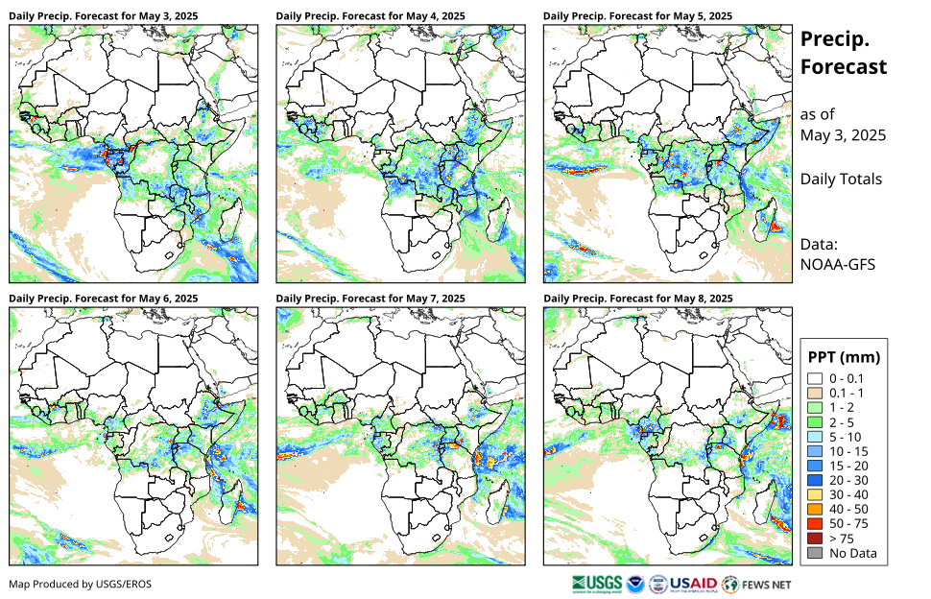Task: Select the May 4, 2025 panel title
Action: click(370, 16)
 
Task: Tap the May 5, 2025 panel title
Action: click(637, 16)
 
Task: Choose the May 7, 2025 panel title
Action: click(370, 299)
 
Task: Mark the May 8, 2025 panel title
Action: click(637, 299)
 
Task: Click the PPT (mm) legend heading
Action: click(844, 357)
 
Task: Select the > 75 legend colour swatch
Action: click(816, 538)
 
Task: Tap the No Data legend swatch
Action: click(816, 552)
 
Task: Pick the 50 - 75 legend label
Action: click(850, 523)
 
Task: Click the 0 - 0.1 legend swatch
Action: click(816, 379)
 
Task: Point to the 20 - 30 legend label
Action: click(850, 480)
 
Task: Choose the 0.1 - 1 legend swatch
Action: click(816, 394)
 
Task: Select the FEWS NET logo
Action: click(757, 583)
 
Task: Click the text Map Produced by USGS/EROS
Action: click(80, 584)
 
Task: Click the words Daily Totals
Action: click(841, 179)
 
